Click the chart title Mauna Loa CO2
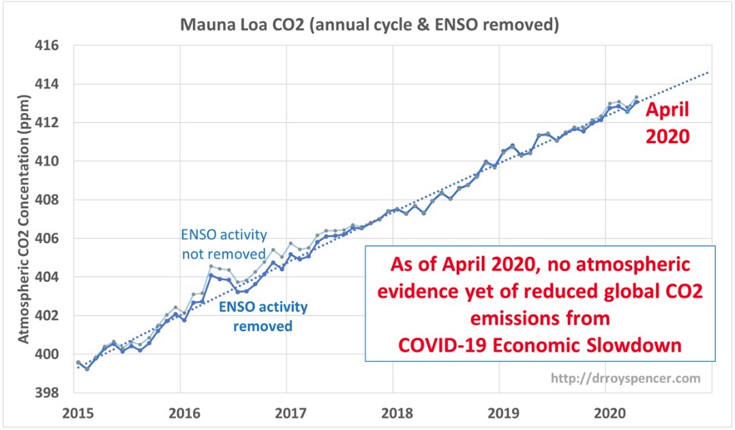pos(369,25)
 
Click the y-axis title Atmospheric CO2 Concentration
pos(22,219)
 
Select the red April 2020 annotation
pos(668,123)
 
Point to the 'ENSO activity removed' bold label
pos(262,316)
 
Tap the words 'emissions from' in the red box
pos(539,319)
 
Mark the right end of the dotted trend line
pos(709,72)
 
